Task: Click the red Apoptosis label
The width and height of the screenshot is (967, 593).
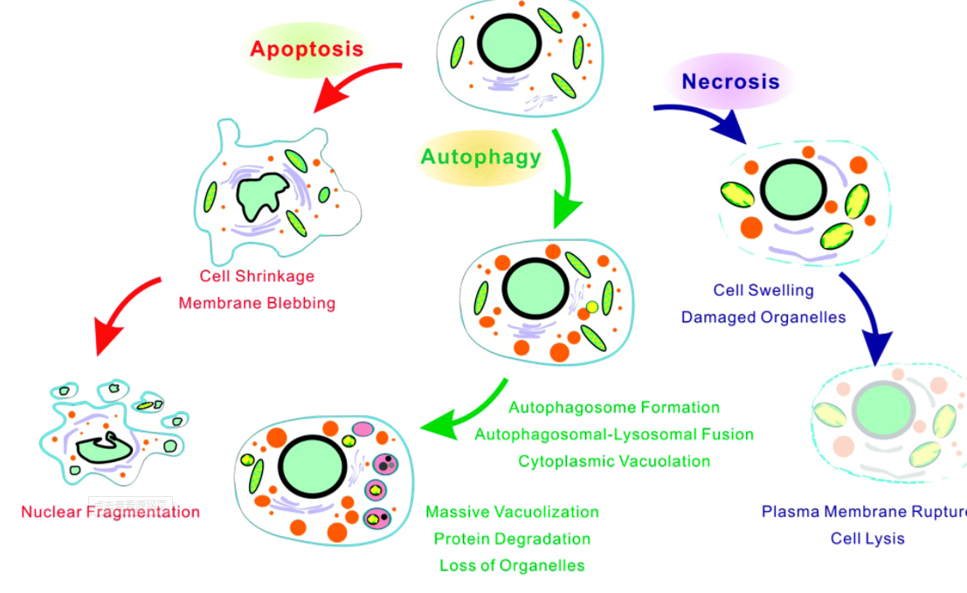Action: pos(307,48)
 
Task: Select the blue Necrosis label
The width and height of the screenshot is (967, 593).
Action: pos(730,81)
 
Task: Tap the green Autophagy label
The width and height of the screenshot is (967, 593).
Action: pos(480,157)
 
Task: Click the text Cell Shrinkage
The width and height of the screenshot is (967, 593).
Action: pos(257,276)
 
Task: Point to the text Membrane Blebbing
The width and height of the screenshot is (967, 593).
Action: pos(257,303)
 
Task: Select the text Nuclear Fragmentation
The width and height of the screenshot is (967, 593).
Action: pos(111,512)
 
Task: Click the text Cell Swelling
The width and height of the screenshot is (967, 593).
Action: pos(763,290)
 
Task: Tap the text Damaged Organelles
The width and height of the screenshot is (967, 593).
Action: pos(763,317)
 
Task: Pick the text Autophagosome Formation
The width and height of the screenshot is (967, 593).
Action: pos(614,407)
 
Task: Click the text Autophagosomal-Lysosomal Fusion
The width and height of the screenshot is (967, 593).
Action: pos(614,434)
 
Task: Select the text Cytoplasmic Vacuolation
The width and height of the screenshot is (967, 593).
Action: pos(614,461)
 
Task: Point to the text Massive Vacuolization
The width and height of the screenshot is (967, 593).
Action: pos(512,512)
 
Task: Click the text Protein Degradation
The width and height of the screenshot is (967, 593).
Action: pos(512,539)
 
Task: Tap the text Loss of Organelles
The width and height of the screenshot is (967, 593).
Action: pos(512,565)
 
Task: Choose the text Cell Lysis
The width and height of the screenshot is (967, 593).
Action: pos(867,538)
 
